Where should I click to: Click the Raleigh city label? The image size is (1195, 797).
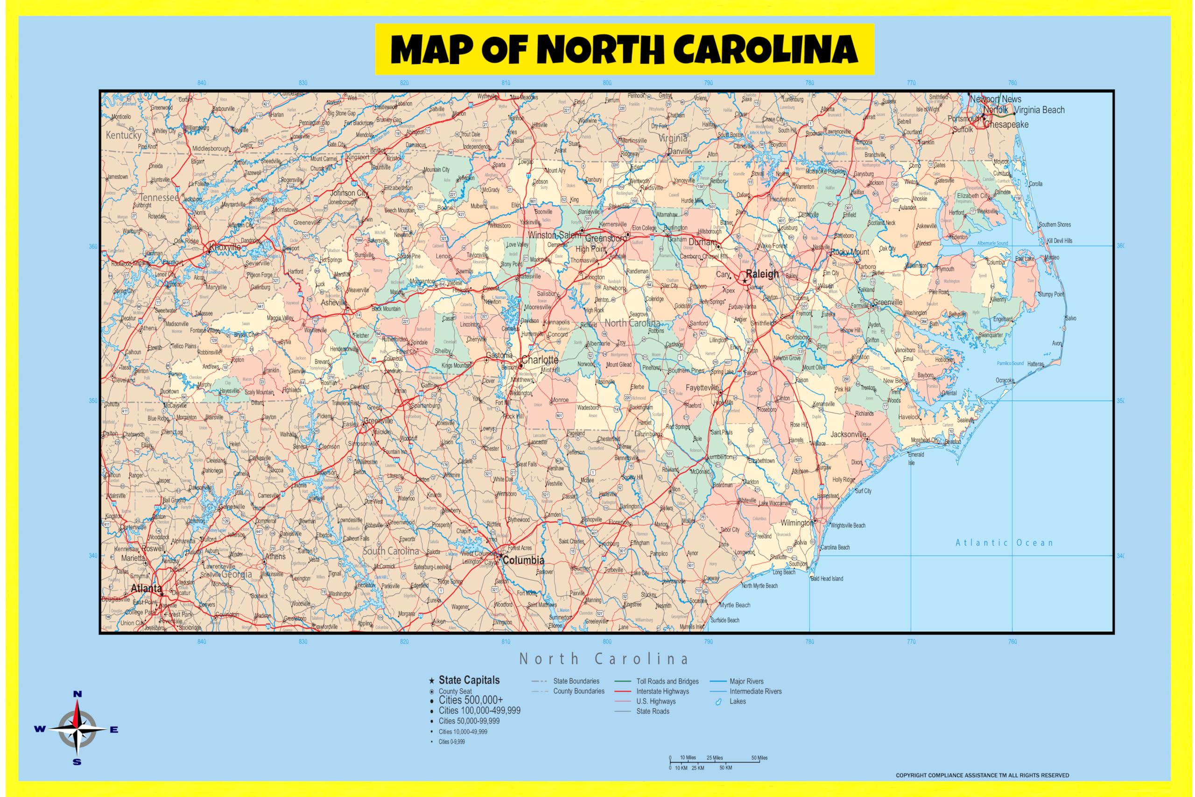pos(762,274)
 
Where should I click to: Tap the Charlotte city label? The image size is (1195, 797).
pos(540,360)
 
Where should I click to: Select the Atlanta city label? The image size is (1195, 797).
pos(146,589)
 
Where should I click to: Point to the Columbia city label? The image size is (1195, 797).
pos(523,560)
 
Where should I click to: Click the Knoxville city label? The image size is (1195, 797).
pos(225,247)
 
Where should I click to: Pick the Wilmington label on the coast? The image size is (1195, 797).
pos(797,523)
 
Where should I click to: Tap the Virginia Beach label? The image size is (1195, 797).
pos(1039,110)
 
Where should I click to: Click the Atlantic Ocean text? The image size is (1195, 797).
pos(1004,543)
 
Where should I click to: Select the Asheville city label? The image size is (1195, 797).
pos(334,303)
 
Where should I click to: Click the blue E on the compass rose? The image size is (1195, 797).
pos(114,730)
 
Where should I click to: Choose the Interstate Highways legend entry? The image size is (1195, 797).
pos(662,691)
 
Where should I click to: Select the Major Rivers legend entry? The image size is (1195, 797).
pos(746,682)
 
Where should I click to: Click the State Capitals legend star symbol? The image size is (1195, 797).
pos(431,681)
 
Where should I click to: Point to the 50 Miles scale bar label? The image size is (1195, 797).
pos(759,758)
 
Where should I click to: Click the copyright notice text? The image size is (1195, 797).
pos(982,776)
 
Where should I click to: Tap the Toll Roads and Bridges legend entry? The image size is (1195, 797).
pos(667,682)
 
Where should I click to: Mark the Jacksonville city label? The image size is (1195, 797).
pos(848,434)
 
